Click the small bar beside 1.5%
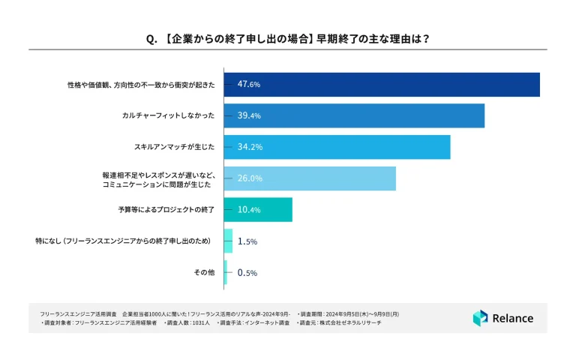pyautogui.click(x=228, y=241)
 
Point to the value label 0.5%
pyautogui.click(x=247, y=273)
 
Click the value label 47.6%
pyautogui.click(x=248, y=85)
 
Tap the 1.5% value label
pyautogui.click(x=247, y=241)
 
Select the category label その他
pyautogui.click(x=204, y=273)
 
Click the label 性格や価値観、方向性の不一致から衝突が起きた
pyautogui.click(x=141, y=85)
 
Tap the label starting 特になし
pyautogui.click(x=132, y=241)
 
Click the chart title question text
pyautogui.click(x=288, y=37)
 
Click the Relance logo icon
pyautogui.click(x=480, y=318)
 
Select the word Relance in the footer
pyautogui.click(x=513, y=318)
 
